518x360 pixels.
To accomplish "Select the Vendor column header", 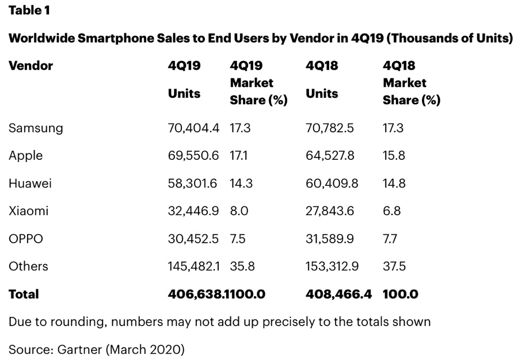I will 31,66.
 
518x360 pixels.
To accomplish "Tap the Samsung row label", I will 36,128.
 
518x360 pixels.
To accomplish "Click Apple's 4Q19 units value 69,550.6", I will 193,156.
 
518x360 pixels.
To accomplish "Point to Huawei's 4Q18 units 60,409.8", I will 330,183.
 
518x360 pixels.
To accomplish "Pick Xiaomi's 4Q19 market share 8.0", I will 239,211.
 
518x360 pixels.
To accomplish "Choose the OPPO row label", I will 26,239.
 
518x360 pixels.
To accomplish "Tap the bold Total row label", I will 24,294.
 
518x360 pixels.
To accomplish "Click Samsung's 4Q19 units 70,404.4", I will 193,128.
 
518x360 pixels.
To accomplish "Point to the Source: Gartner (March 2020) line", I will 97,348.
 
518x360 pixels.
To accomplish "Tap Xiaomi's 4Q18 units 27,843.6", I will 330,211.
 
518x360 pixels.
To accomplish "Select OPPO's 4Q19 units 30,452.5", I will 193,239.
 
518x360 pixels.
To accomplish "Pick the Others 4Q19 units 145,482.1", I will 193,266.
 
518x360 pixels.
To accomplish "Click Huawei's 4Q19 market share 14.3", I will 241,183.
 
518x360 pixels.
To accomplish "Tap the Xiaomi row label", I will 28,211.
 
